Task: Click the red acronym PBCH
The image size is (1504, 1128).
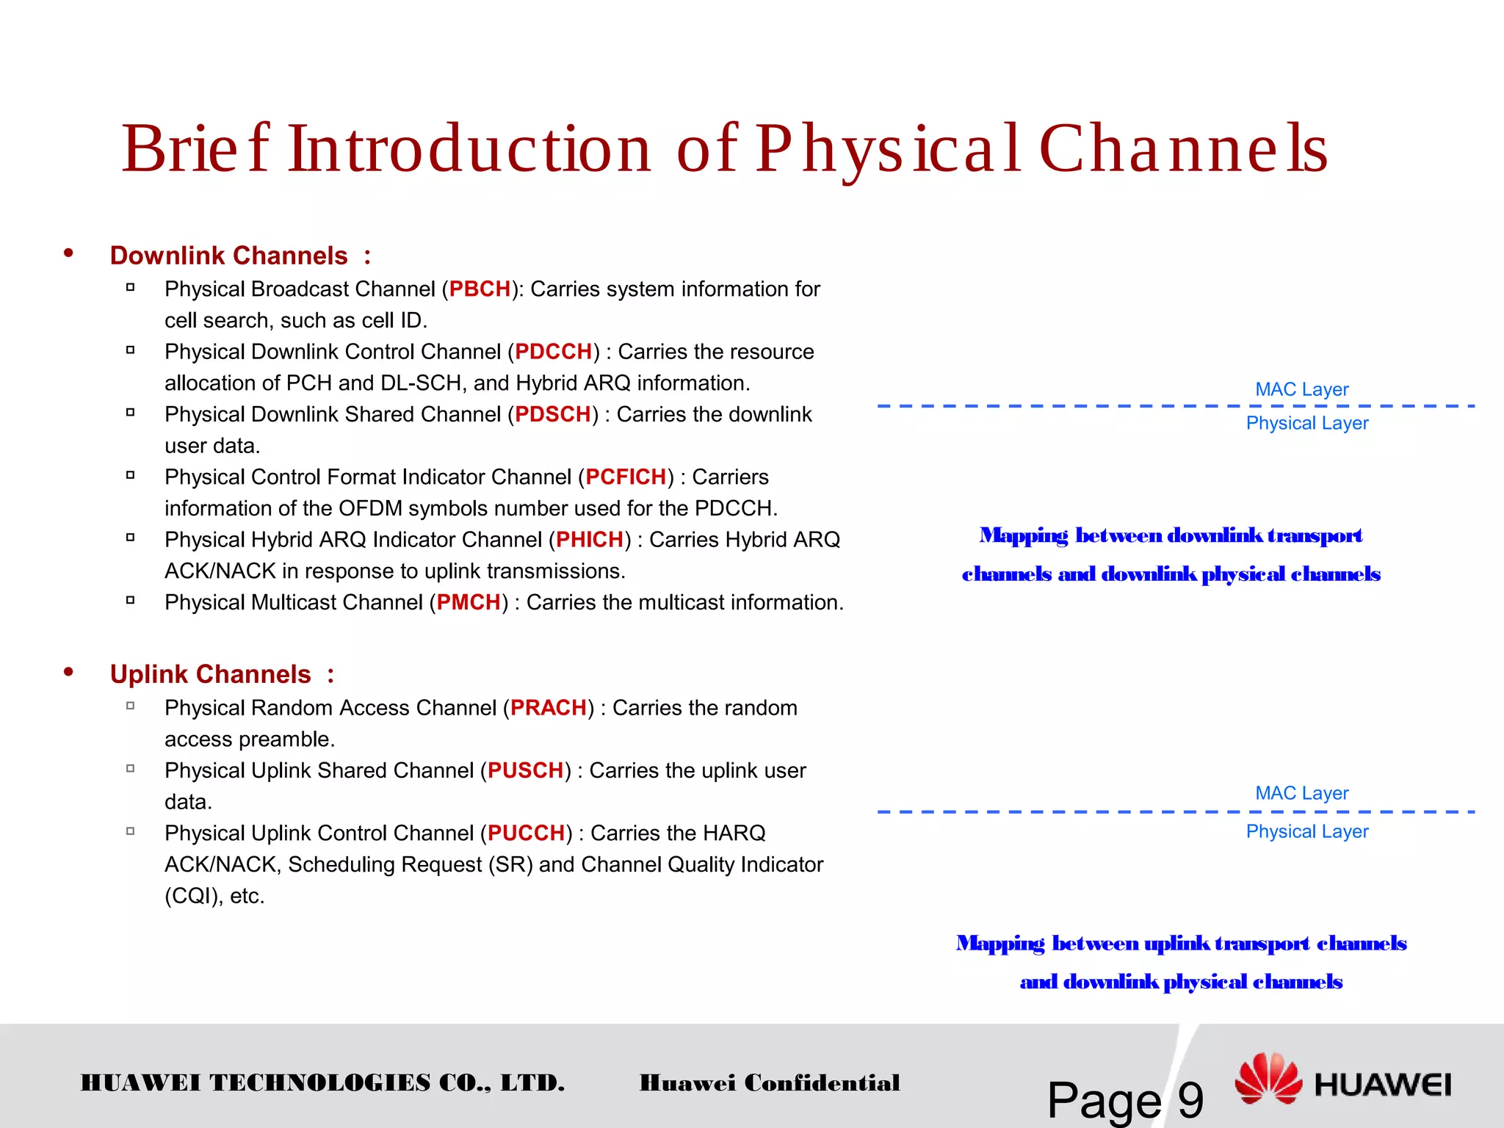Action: pyautogui.click(x=480, y=289)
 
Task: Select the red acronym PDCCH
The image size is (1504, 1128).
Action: pyautogui.click(x=553, y=352)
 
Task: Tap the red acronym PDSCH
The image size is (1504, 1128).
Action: pyautogui.click(x=552, y=414)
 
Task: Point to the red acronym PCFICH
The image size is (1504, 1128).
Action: pyautogui.click(x=626, y=477)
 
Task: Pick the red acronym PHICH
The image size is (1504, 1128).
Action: pyautogui.click(x=589, y=540)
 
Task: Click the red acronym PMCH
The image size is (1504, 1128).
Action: pyautogui.click(x=469, y=602)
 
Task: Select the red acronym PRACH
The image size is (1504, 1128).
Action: pyautogui.click(x=548, y=708)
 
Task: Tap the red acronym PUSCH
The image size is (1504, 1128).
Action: pyautogui.click(x=525, y=770)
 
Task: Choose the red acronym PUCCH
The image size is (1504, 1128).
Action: pyautogui.click(x=525, y=833)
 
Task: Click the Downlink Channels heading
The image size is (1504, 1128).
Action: pyautogui.click(x=228, y=256)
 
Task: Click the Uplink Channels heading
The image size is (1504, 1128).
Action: pyautogui.click(x=211, y=674)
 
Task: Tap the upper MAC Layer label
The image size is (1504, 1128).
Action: pyautogui.click(x=1301, y=389)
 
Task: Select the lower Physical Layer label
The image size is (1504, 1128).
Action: pyautogui.click(x=1306, y=831)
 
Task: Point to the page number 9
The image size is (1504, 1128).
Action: pyautogui.click(x=1190, y=1099)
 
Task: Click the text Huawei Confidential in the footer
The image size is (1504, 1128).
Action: pyautogui.click(x=769, y=1082)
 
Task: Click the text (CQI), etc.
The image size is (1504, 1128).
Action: pyautogui.click(x=214, y=896)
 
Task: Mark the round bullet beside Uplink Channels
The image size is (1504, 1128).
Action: pyautogui.click(x=68, y=672)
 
